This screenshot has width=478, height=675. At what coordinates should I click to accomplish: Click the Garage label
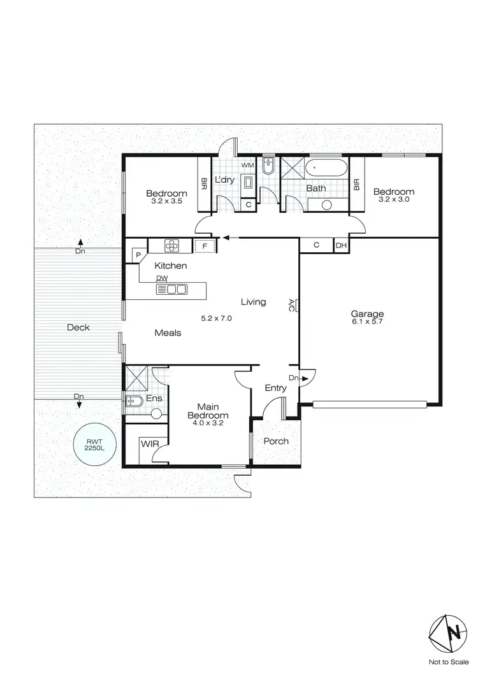point(367,313)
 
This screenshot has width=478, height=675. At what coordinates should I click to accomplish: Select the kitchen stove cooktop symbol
point(171,245)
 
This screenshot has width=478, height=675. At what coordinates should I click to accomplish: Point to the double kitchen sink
point(171,290)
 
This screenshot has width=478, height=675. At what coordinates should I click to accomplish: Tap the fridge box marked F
point(205,246)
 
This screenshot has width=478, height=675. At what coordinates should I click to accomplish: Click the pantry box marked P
point(138,255)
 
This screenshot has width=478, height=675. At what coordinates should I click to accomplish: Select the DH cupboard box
point(341,246)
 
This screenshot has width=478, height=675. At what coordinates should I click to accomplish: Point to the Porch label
point(276,441)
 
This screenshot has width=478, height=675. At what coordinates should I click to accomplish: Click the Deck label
point(78,327)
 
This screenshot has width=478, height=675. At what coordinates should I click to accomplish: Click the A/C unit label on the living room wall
point(291,304)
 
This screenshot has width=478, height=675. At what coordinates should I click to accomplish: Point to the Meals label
point(168,332)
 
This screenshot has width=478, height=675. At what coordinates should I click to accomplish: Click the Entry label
point(276,388)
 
